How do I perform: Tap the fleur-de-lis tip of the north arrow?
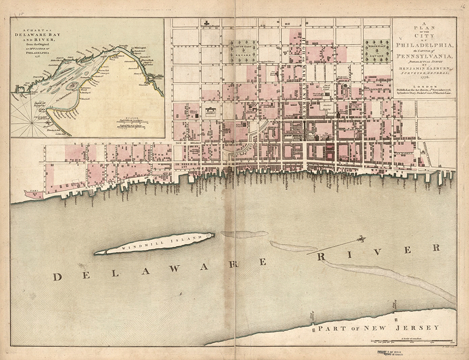(362, 239)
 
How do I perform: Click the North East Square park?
(378, 51)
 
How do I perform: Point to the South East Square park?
(242, 51)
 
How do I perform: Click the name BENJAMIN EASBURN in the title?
(424, 67)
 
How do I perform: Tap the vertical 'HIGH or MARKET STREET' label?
(303, 70)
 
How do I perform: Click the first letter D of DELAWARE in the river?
(58, 276)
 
